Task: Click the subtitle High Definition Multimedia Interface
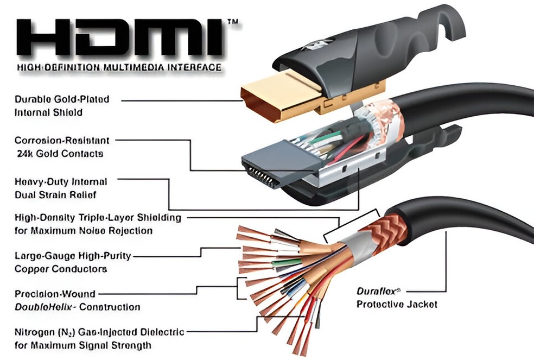tap(119, 68)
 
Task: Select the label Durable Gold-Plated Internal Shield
tap(62, 106)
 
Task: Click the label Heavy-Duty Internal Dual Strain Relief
tap(61, 188)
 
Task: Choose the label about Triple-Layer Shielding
tap(98, 224)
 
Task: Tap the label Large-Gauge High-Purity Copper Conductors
tap(73, 262)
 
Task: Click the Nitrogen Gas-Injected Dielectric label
tap(99, 338)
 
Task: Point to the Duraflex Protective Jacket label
tap(397, 298)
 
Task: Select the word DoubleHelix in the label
tap(44, 307)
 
